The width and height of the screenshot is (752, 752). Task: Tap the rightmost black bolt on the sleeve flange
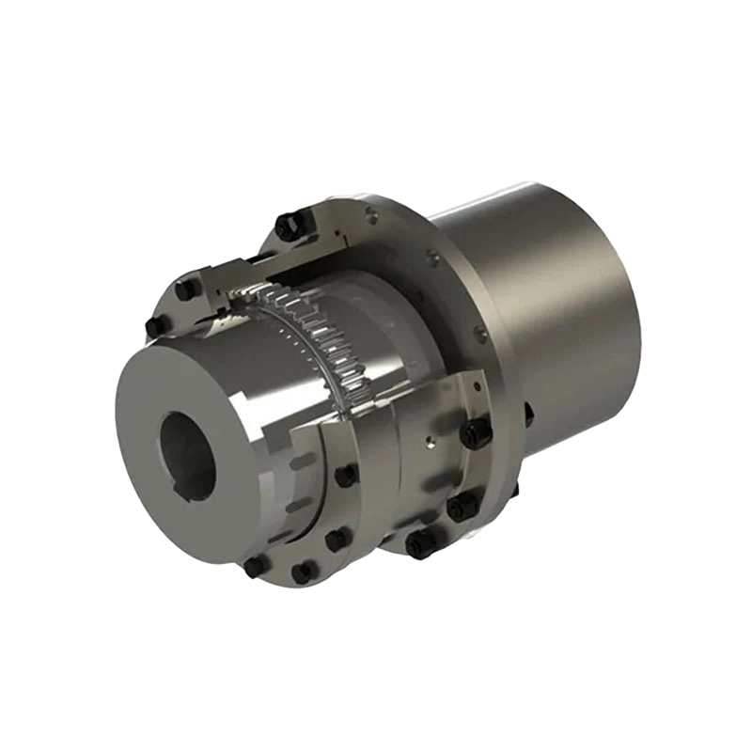click(475, 433)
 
